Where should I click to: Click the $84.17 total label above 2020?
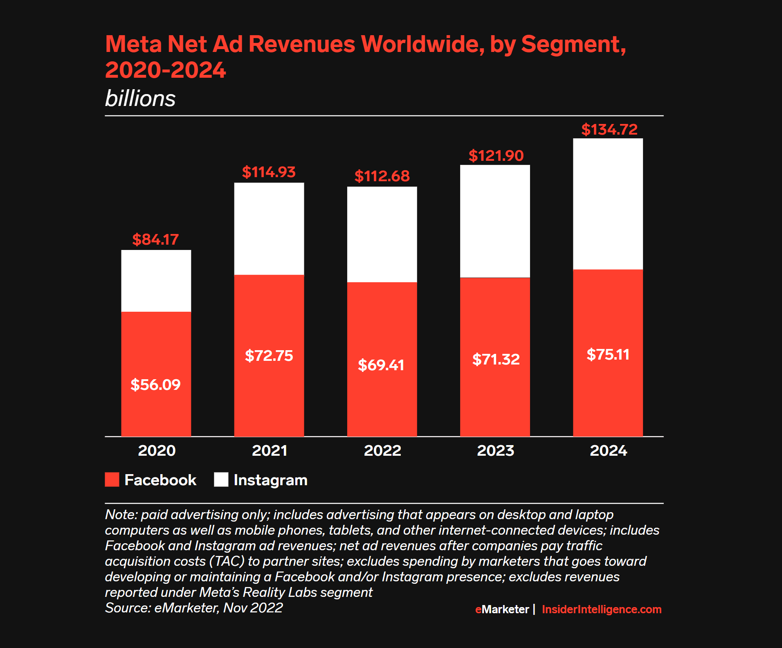[x=155, y=239]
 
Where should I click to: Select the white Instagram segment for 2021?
[x=269, y=229]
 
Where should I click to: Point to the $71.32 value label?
[x=496, y=359]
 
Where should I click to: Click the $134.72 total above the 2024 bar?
[x=609, y=130]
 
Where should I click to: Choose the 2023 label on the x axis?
[x=495, y=450]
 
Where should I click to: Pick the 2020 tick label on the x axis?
[x=157, y=450]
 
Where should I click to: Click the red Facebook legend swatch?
[x=112, y=479]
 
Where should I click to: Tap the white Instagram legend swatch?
[x=221, y=479]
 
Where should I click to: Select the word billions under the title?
[x=140, y=99]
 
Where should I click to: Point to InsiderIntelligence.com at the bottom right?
[x=601, y=609]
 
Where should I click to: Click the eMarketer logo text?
[x=502, y=609]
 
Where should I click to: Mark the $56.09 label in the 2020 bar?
[x=155, y=385]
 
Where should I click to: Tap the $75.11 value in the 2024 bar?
[x=608, y=354]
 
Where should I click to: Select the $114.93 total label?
[x=269, y=172]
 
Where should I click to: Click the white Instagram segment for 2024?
[x=608, y=204]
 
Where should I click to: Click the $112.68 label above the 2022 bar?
[x=382, y=176]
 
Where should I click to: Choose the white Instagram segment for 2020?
[x=156, y=281]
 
